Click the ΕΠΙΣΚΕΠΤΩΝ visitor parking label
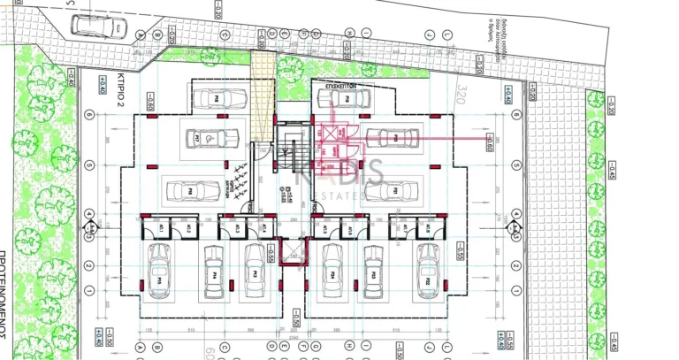tap(340, 88)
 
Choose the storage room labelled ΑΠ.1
tap(163, 228)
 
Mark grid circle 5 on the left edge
tap(88, 165)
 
